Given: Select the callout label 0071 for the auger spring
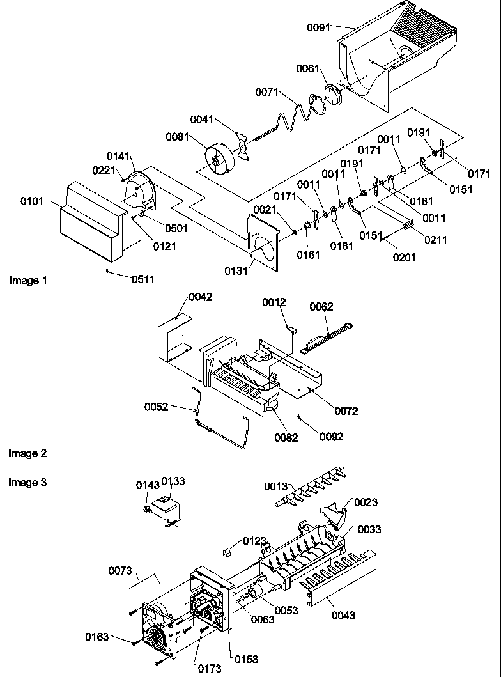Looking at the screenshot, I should coord(267,93).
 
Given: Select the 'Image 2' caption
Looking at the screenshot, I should coord(27,453).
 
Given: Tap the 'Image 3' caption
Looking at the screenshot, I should coord(27,483).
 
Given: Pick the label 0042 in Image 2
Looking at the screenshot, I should coord(200,298).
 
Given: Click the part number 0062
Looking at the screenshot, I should coord(321,307).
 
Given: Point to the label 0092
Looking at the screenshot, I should coord(332,437).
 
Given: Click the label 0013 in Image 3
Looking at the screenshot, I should coord(277,487).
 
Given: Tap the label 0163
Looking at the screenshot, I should coord(97,636).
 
